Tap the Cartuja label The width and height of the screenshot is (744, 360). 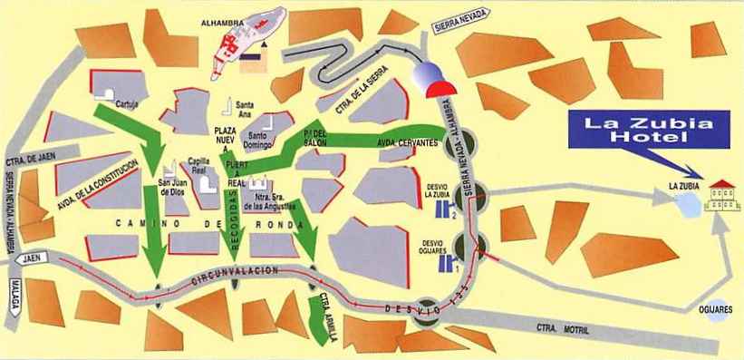(x=130, y=104)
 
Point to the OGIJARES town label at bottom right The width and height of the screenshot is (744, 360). (x=716, y=334)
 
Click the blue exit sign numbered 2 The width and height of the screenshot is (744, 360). (x=446, y=212)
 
